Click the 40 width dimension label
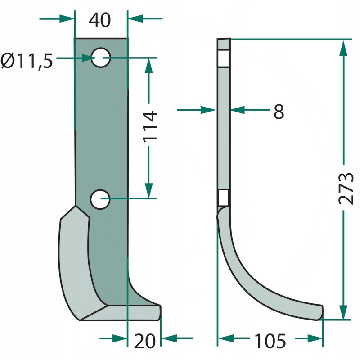pos(99,20)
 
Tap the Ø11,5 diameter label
pos(27,61)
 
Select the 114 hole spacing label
pos(150,126)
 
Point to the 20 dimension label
pos(144,341)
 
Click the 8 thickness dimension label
pos(279,112)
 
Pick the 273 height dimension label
pos(346,188)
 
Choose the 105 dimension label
pos(270,342)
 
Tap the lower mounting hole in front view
pos(100,199)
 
